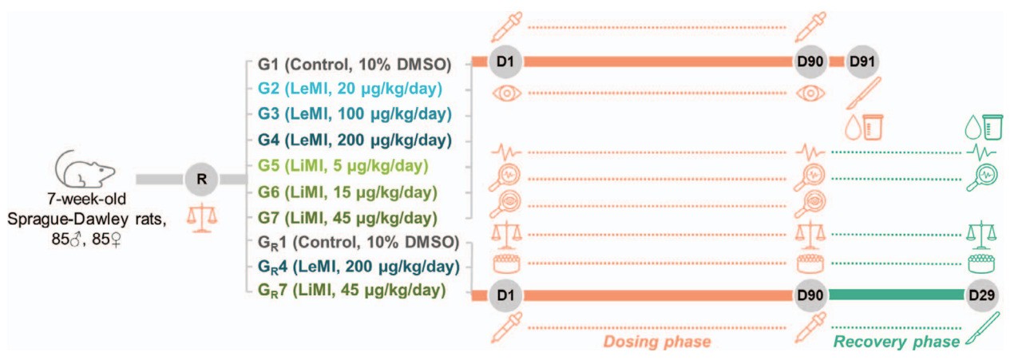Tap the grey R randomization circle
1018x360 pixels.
tap(201, 180)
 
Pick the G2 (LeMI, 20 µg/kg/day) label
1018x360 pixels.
tap(350, 89)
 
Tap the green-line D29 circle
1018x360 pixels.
tap(983, 296)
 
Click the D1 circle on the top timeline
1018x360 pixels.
tap(505, 62)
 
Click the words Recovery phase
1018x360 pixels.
tap(897, 342)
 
